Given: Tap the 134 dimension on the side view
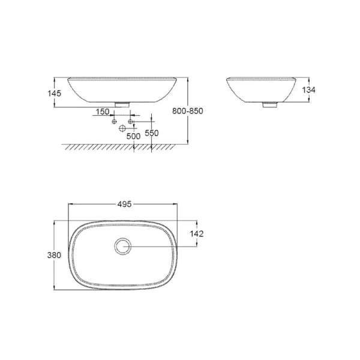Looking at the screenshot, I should point(308,89).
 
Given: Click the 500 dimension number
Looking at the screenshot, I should point(133,136).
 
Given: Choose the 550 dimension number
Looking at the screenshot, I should point(152,133).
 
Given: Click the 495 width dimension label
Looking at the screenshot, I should point(124,204).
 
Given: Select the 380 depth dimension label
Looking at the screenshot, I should point(54,255).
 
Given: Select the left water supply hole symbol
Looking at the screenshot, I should point(114,122).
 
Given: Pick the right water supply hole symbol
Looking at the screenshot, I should point(130,122).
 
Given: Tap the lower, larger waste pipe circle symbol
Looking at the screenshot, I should point(122,128).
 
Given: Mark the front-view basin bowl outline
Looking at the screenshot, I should point(123,90).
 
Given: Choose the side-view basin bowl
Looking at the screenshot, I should point(265,90).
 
